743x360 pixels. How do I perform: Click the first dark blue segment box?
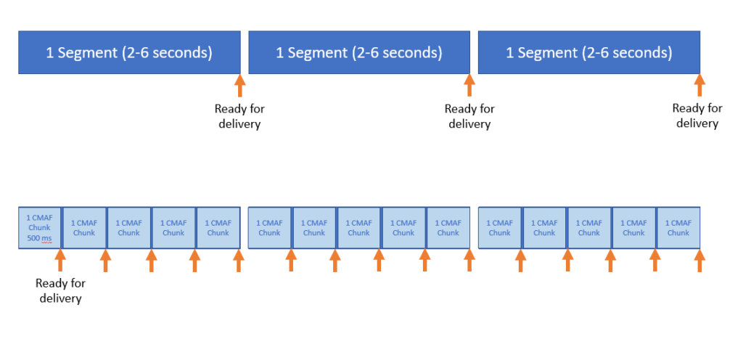tap(129, 52)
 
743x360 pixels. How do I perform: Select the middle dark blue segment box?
tap(359, 52)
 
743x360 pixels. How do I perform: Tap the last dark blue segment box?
tap(589, 52)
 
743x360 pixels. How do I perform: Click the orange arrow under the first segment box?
tap(239, 86)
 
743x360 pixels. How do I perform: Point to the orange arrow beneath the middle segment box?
tap(469, 86)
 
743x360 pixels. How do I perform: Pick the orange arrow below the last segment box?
tap(699, 86)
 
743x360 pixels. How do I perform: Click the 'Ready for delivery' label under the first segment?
tap(239, 117)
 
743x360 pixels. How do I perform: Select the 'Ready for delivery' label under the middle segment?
tap(469, 117)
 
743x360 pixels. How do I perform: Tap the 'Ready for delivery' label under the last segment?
tap(697, 116)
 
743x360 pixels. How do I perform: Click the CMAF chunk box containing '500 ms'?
tap(40, 228)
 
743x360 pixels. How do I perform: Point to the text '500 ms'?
tap(39, 238)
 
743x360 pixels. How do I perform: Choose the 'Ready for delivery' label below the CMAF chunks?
tap(61, 291)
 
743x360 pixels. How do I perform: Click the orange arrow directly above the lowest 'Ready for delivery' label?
tap(60, 261)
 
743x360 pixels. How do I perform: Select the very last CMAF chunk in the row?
tap(678, 228)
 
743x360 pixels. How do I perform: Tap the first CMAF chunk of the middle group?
tap(270, 228)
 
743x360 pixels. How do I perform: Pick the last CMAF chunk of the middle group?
tap(448, 228)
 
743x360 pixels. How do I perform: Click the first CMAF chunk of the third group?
tap(500, 228)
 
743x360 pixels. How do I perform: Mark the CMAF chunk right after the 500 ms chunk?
tap(84, 228)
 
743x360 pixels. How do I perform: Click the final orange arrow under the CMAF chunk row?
tap(699, 261)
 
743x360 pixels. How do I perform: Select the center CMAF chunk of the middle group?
tap(359, 228)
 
